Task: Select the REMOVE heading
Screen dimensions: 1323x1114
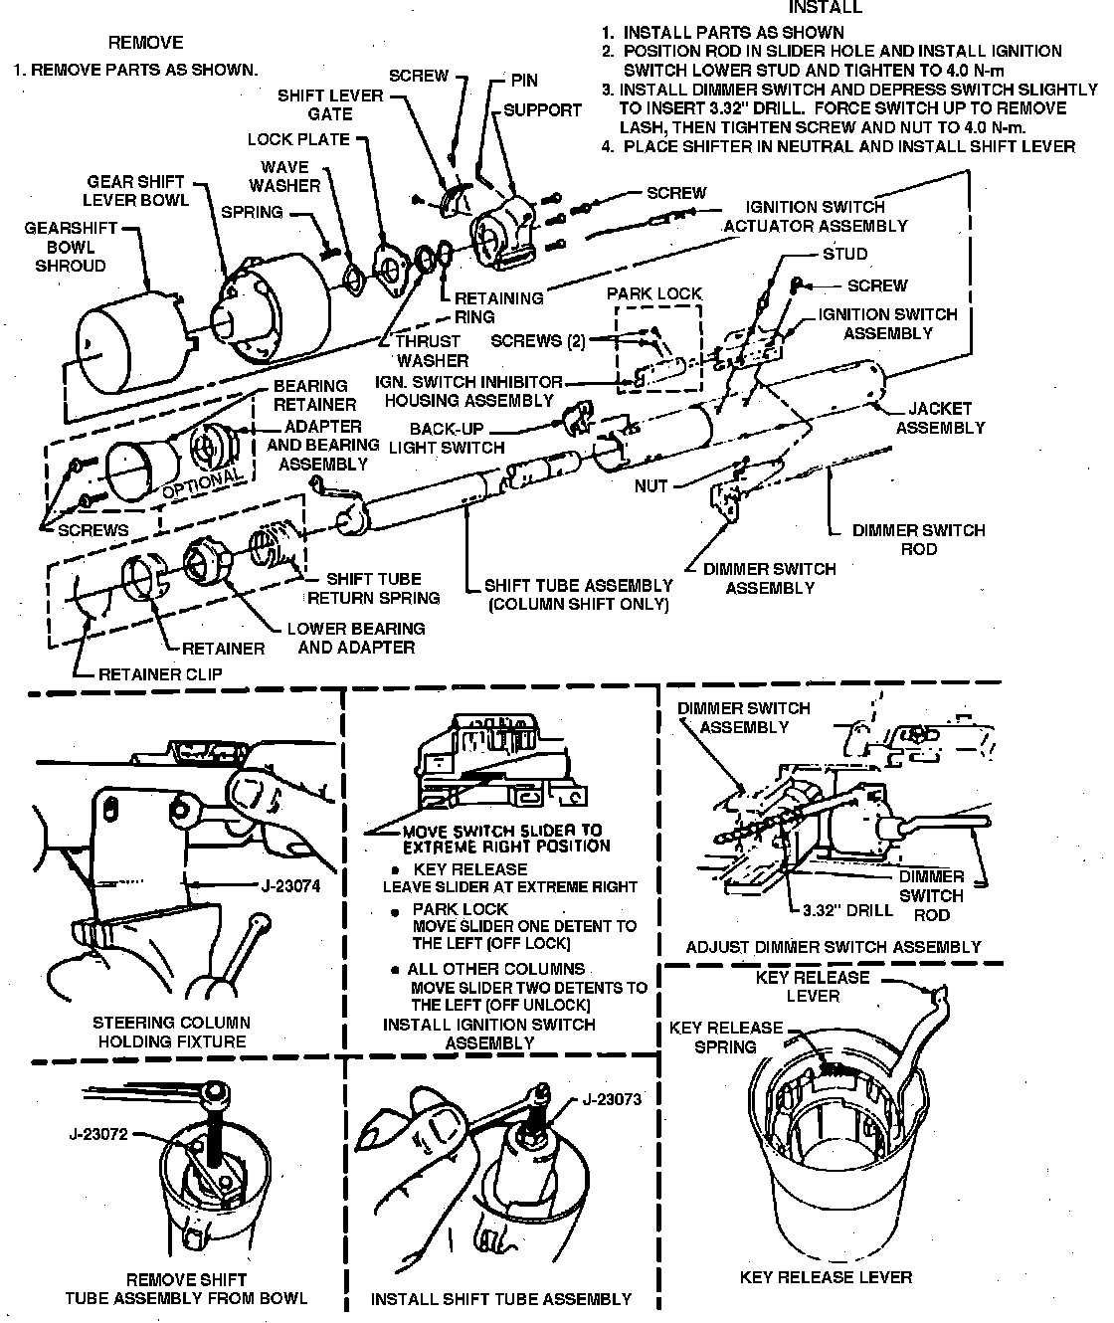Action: (145, 43)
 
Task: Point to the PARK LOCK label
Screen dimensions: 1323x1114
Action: (654, 293)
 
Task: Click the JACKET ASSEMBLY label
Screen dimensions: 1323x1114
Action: (940, 418)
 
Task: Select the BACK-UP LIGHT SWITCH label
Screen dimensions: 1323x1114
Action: (446, 438)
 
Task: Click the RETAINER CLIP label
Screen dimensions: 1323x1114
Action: (160, 673)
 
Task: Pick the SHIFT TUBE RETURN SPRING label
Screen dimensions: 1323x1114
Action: (374, 588)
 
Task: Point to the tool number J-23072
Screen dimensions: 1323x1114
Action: (99, 1133)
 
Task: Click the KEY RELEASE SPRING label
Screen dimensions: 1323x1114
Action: (726, 1037)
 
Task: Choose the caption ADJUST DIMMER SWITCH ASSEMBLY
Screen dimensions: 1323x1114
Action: (834, 946)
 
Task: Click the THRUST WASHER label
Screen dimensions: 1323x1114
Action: (432, 350)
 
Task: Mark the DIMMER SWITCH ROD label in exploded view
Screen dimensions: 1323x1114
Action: (918, 539)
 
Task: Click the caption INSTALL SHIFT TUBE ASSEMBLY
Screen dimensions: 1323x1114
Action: (501, 1298)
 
